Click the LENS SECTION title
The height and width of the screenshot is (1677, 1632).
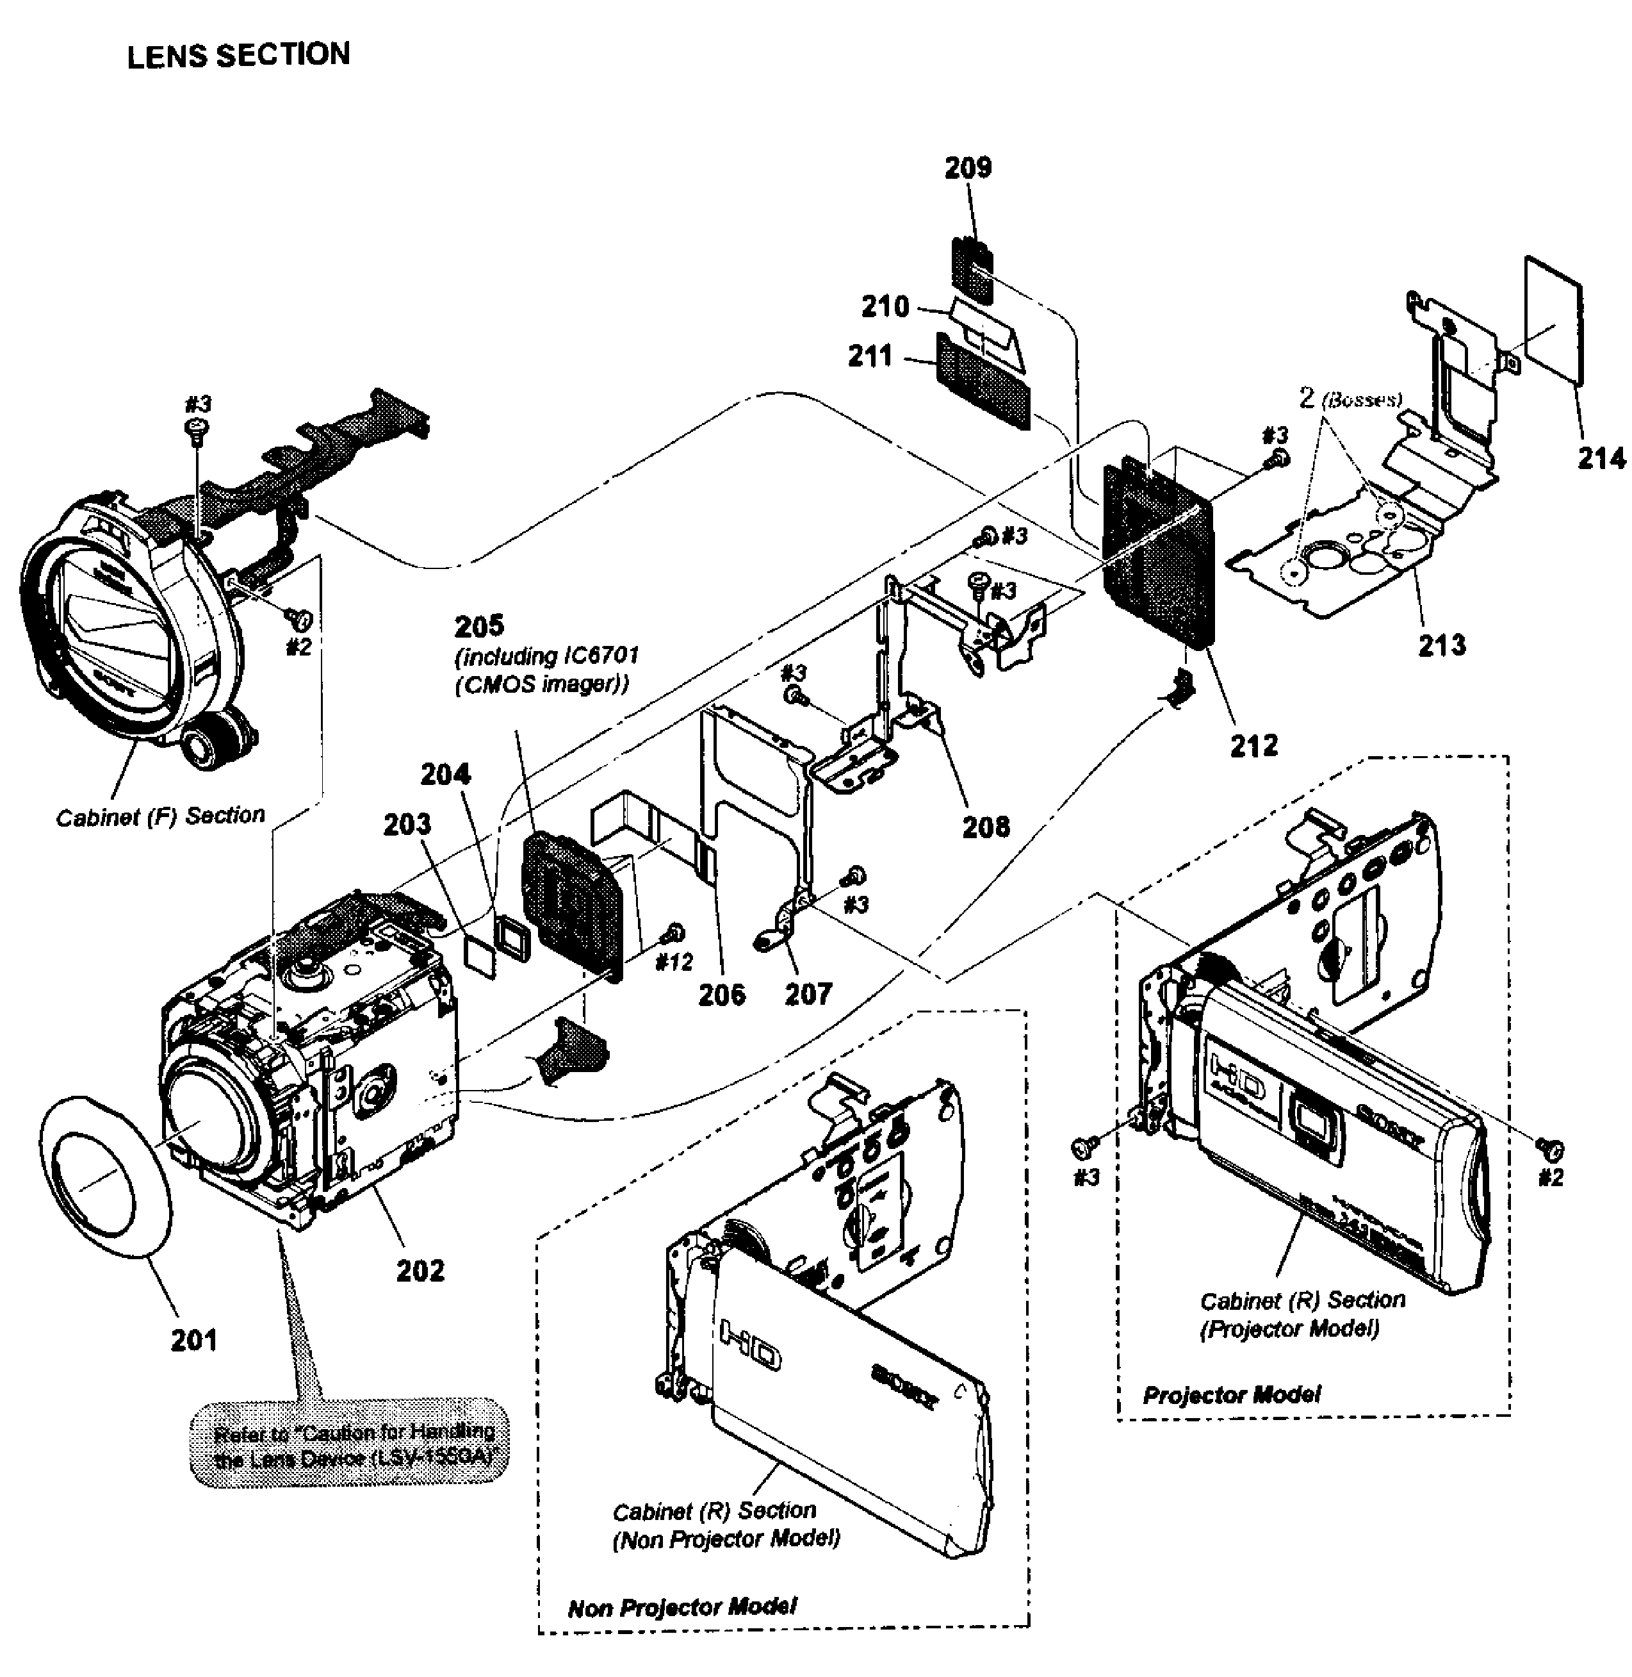(238, 56)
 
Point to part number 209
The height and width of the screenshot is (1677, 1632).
(968, 167)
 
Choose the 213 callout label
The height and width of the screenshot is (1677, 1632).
(1442, 645)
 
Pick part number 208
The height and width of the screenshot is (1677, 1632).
(986, 827)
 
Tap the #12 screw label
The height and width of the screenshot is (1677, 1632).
(674, 962)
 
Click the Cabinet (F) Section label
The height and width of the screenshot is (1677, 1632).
(160, 815)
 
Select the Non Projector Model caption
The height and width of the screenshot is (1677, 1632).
(682, 1607)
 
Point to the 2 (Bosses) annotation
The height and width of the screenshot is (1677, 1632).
(1350, 399)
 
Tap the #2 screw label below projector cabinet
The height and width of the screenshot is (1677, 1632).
(1551, 1177)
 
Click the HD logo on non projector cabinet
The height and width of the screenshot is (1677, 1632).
(750, 1345)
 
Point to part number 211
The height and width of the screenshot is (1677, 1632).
(870, 356)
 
